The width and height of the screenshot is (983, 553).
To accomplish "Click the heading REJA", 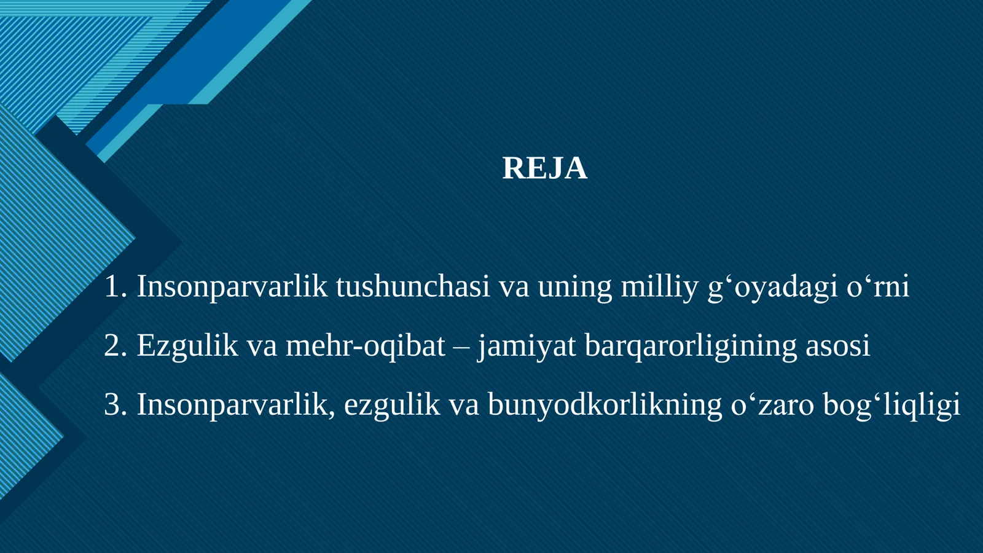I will pyautogui.click(x=544, y=168).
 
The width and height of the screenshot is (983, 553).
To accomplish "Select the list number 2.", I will pyautogui.click(x=114, y=346).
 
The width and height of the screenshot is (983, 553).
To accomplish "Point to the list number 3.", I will pyautogui.click(x=114, y=405).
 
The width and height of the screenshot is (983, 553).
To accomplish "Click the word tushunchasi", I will pyautogui.click(x=413, y=287).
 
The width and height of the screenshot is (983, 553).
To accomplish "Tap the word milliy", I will pyautogui.click(x=659, y=287).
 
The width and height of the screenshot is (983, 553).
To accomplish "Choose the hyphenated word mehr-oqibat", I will pyautogui.click(x=365, y=346).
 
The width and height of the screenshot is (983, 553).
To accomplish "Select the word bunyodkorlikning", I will pyautogui.click(x=605, y=405).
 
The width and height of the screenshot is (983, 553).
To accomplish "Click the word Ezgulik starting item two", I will pyautogui.click(x=187, y=346).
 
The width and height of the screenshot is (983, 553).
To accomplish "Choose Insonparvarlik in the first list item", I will pyautogui.click(x=232, y=287).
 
